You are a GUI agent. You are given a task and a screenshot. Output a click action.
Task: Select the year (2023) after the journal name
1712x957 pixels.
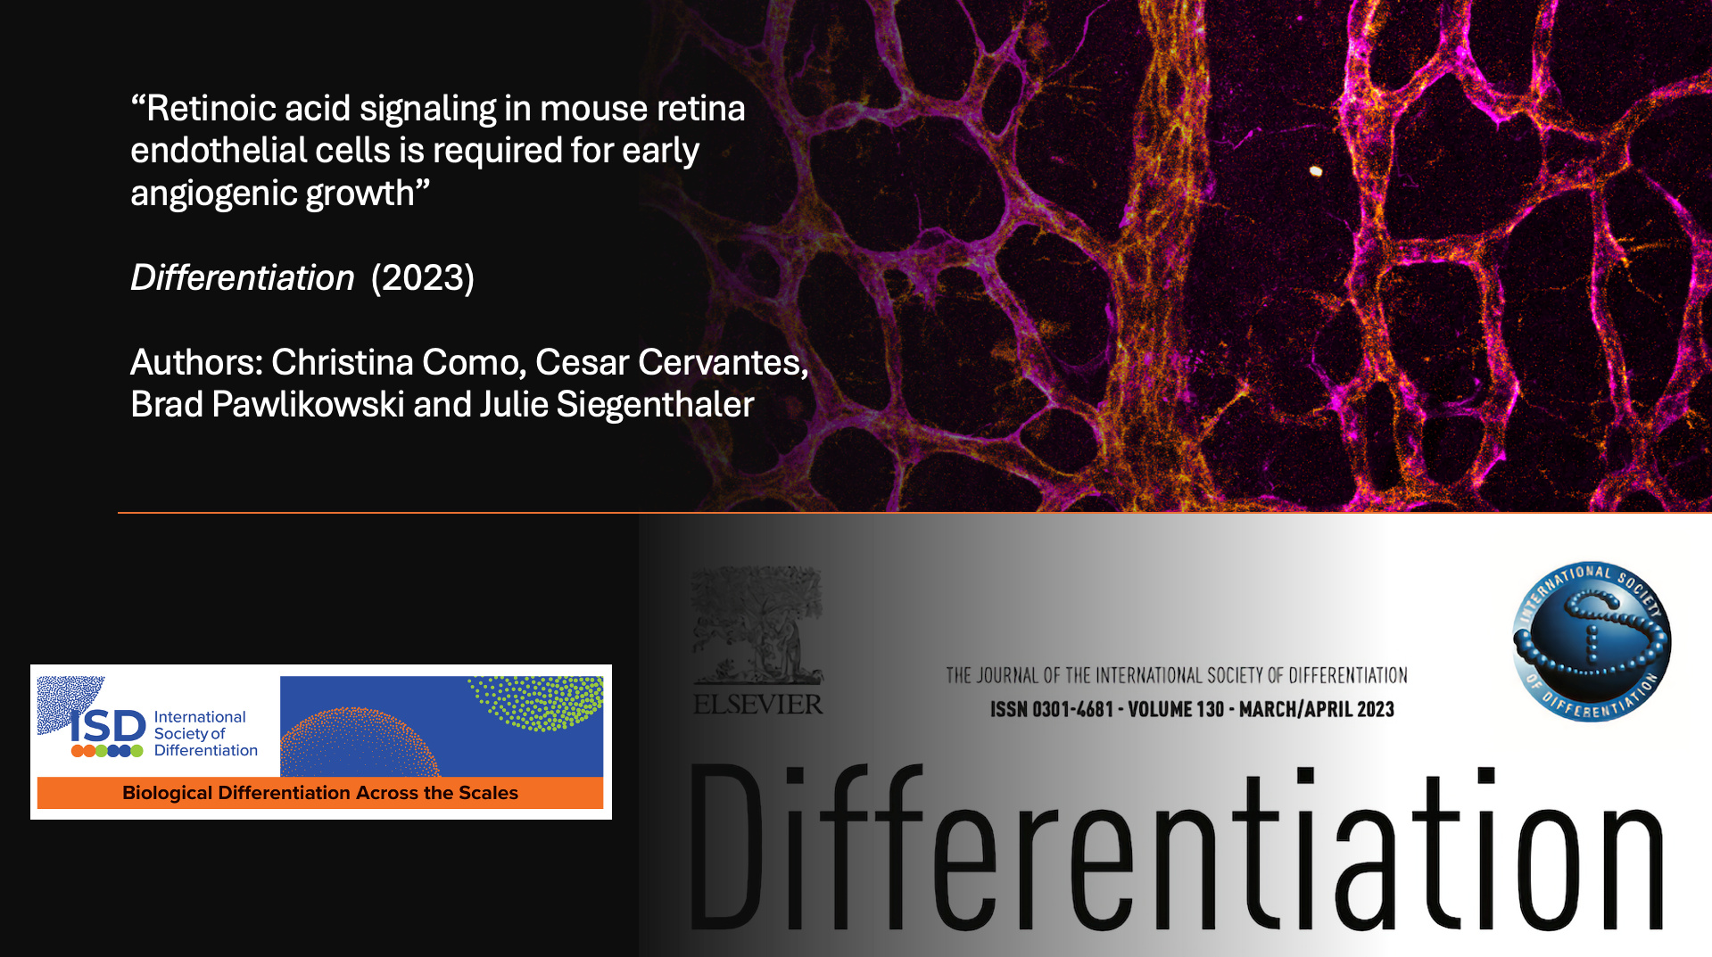pos(423,278)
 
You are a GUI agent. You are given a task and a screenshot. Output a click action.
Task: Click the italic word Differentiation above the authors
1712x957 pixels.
pos(243,278)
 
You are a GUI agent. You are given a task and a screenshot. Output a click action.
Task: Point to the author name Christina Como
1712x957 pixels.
pos(394,363)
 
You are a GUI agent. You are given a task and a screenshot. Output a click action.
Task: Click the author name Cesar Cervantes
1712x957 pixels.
pos(672,363)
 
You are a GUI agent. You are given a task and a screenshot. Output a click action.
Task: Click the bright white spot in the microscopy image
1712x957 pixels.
pos(1316,171)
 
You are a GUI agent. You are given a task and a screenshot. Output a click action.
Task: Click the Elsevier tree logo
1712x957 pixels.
pos(757,625)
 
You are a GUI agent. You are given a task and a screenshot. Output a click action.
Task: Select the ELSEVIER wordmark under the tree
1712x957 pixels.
pos(758,705)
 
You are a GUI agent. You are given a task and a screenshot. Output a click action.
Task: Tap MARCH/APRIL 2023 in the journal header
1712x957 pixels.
pos(1317,710)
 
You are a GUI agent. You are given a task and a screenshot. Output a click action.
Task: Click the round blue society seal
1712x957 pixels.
pos(1592,642)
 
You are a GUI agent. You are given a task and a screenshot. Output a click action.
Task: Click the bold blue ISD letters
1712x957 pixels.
pos(108,727)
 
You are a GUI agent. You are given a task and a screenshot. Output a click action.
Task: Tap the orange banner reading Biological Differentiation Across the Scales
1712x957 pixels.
pos(320,793)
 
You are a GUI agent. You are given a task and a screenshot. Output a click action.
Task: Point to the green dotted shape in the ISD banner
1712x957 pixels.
pos(538,702)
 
